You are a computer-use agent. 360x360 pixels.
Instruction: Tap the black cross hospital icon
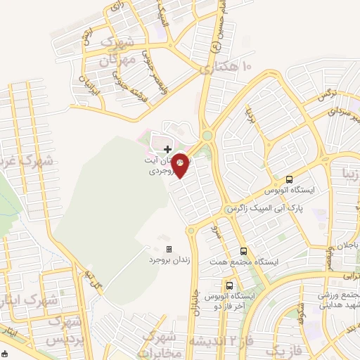pos(167,149)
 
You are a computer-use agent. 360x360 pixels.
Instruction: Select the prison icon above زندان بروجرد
pos(169,249)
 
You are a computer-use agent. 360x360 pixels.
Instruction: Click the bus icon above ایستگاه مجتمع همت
pos(243,251)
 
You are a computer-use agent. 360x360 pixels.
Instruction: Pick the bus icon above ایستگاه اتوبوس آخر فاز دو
pos(230,285)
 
